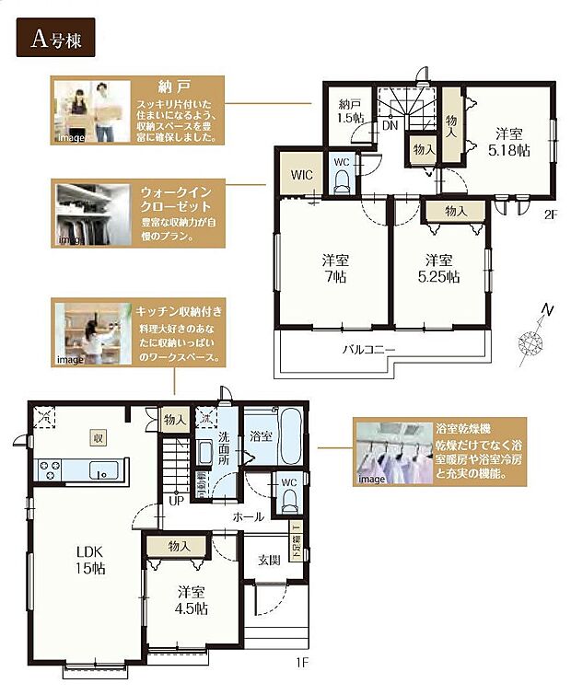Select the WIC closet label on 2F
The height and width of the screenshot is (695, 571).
pos(301,173)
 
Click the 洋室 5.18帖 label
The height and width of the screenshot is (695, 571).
pos(507,139)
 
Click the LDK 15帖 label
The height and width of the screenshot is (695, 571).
pos(90,559)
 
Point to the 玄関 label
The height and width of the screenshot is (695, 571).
pos(270,559)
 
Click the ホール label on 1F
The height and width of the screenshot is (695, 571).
pos(249,516)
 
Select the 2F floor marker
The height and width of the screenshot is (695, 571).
pos(551,214)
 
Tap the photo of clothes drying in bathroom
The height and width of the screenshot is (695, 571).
pos(394,452)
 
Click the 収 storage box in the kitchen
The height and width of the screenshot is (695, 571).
pos(98,438)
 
